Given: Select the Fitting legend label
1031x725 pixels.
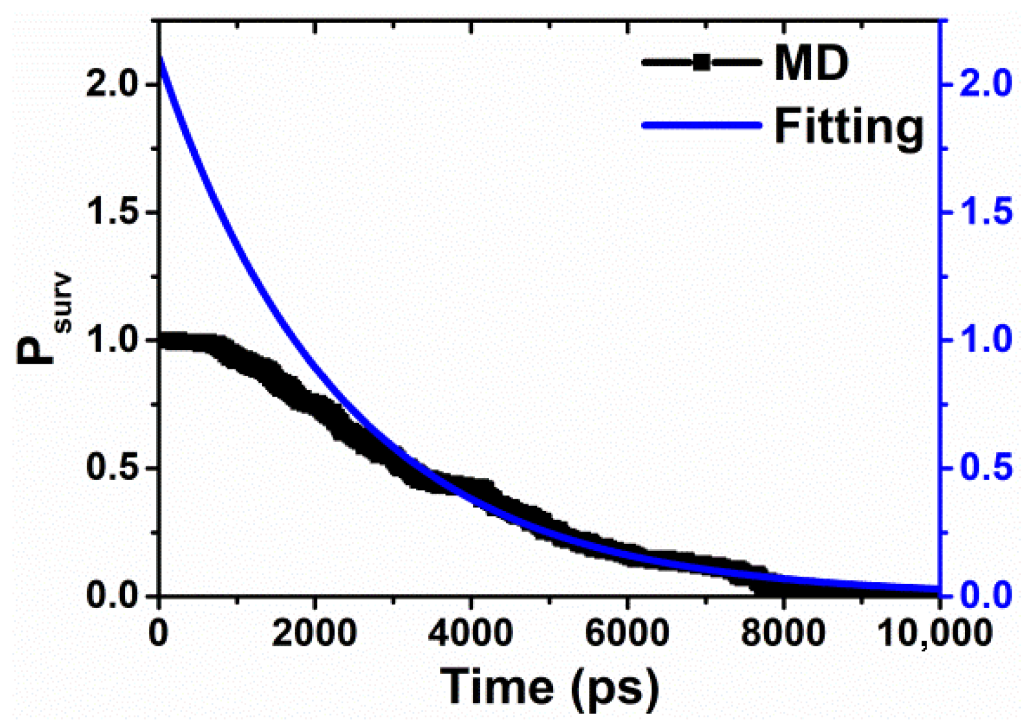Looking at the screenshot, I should point(849,126).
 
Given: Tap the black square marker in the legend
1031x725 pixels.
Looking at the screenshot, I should point(701,62).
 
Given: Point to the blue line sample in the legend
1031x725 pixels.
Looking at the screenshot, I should point(701,125).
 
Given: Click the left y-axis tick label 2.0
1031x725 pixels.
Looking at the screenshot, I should point(112,84).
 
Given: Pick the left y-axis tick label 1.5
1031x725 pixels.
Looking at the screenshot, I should point(112,213).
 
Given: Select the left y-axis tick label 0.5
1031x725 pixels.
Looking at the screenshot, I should point(112,468).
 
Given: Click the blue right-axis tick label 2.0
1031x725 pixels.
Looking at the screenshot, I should point(986,84).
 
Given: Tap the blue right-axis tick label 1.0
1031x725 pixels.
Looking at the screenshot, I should point(986,340).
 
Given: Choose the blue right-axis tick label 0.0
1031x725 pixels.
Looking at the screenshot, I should point(986,595).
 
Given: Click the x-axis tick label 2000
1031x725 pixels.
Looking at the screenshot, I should point(315,634).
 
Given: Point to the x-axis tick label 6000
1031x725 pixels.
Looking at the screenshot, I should point(627,634).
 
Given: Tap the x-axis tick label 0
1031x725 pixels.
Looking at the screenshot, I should point(159,634).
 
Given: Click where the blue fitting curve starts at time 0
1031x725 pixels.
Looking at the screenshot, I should point(162,58).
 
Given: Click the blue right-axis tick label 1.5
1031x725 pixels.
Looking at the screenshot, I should point(986,213).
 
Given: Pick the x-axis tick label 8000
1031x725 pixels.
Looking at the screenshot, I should point(783,634).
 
